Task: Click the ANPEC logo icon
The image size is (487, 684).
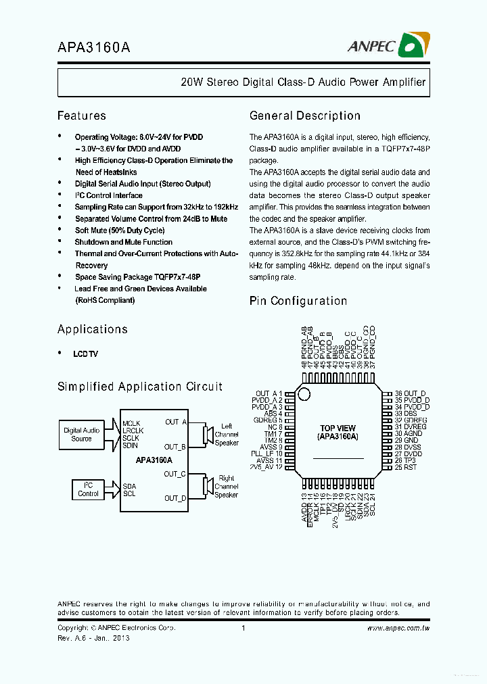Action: (x=412, y=45)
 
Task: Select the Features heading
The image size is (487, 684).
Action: (x=81, y=116)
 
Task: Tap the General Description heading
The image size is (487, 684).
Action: (x=304, y=116)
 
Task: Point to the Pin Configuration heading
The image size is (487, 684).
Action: (x=298, y=301)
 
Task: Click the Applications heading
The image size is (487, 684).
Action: (x=92, y=329)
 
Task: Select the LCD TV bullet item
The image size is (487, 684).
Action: (x=86, y=354)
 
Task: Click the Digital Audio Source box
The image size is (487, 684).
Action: (x=81, y=435)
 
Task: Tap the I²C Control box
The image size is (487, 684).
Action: (x=88, y=489)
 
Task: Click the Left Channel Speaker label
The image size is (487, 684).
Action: (x=227, y=435)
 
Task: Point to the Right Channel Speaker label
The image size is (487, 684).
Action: (x=226, y=486)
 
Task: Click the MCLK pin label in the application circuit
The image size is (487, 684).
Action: (x=132, y=423)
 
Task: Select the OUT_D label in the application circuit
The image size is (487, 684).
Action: (x=175, y=498)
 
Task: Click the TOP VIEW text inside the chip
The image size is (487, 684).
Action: (x=338, y=429)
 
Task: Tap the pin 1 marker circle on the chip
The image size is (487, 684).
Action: (x=304, y=394)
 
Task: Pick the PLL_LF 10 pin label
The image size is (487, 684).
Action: (x=266, y=453)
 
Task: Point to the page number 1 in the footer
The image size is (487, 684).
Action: (x=242, y=628)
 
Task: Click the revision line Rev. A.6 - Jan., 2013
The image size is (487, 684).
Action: (x=93, y=638)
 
